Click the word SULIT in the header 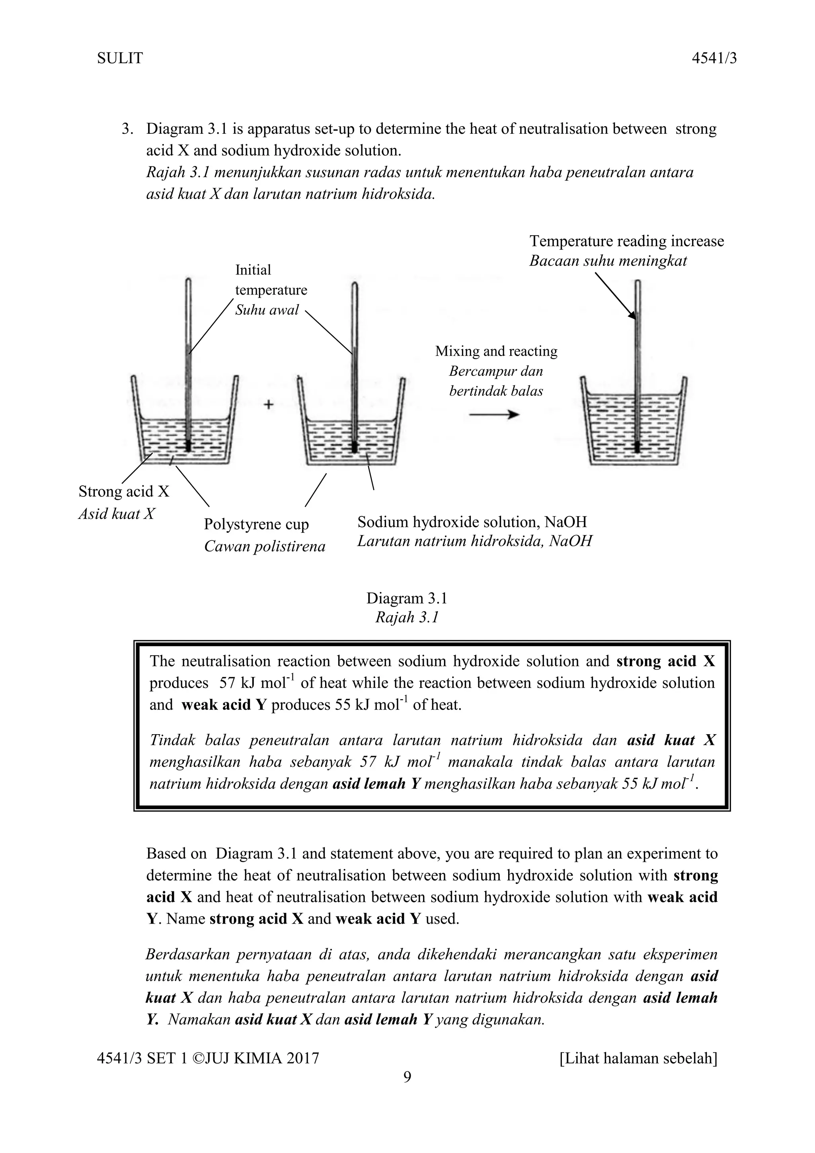click(119, 59)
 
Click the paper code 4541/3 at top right click(714, 59)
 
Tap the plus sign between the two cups click(269, 404)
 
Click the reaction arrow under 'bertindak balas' click(494, 414)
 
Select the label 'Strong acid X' click(124, 491)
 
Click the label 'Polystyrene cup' click(256, 524)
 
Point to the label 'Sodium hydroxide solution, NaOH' click(472, 522)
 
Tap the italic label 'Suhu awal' click(267, 310)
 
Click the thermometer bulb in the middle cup click(354, 446)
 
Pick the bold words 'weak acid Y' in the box click(223, 705)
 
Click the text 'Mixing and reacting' click(496, 351)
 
